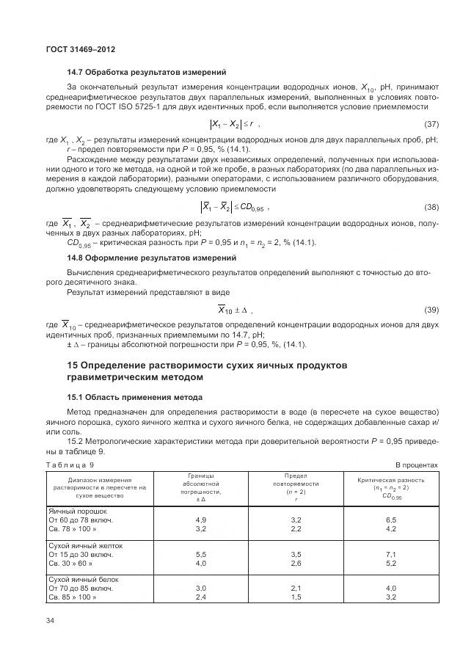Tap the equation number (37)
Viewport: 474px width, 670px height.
[431, 123]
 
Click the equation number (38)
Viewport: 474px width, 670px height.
[431, 208]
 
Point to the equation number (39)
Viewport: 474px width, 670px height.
[431, 309]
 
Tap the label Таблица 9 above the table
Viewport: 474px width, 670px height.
[70, 465]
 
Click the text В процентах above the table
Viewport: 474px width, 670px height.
[417, 465]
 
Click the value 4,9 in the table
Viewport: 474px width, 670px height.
[200, 519]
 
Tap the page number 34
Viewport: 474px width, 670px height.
[50, 622]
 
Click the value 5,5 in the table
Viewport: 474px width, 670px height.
[200, 554]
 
